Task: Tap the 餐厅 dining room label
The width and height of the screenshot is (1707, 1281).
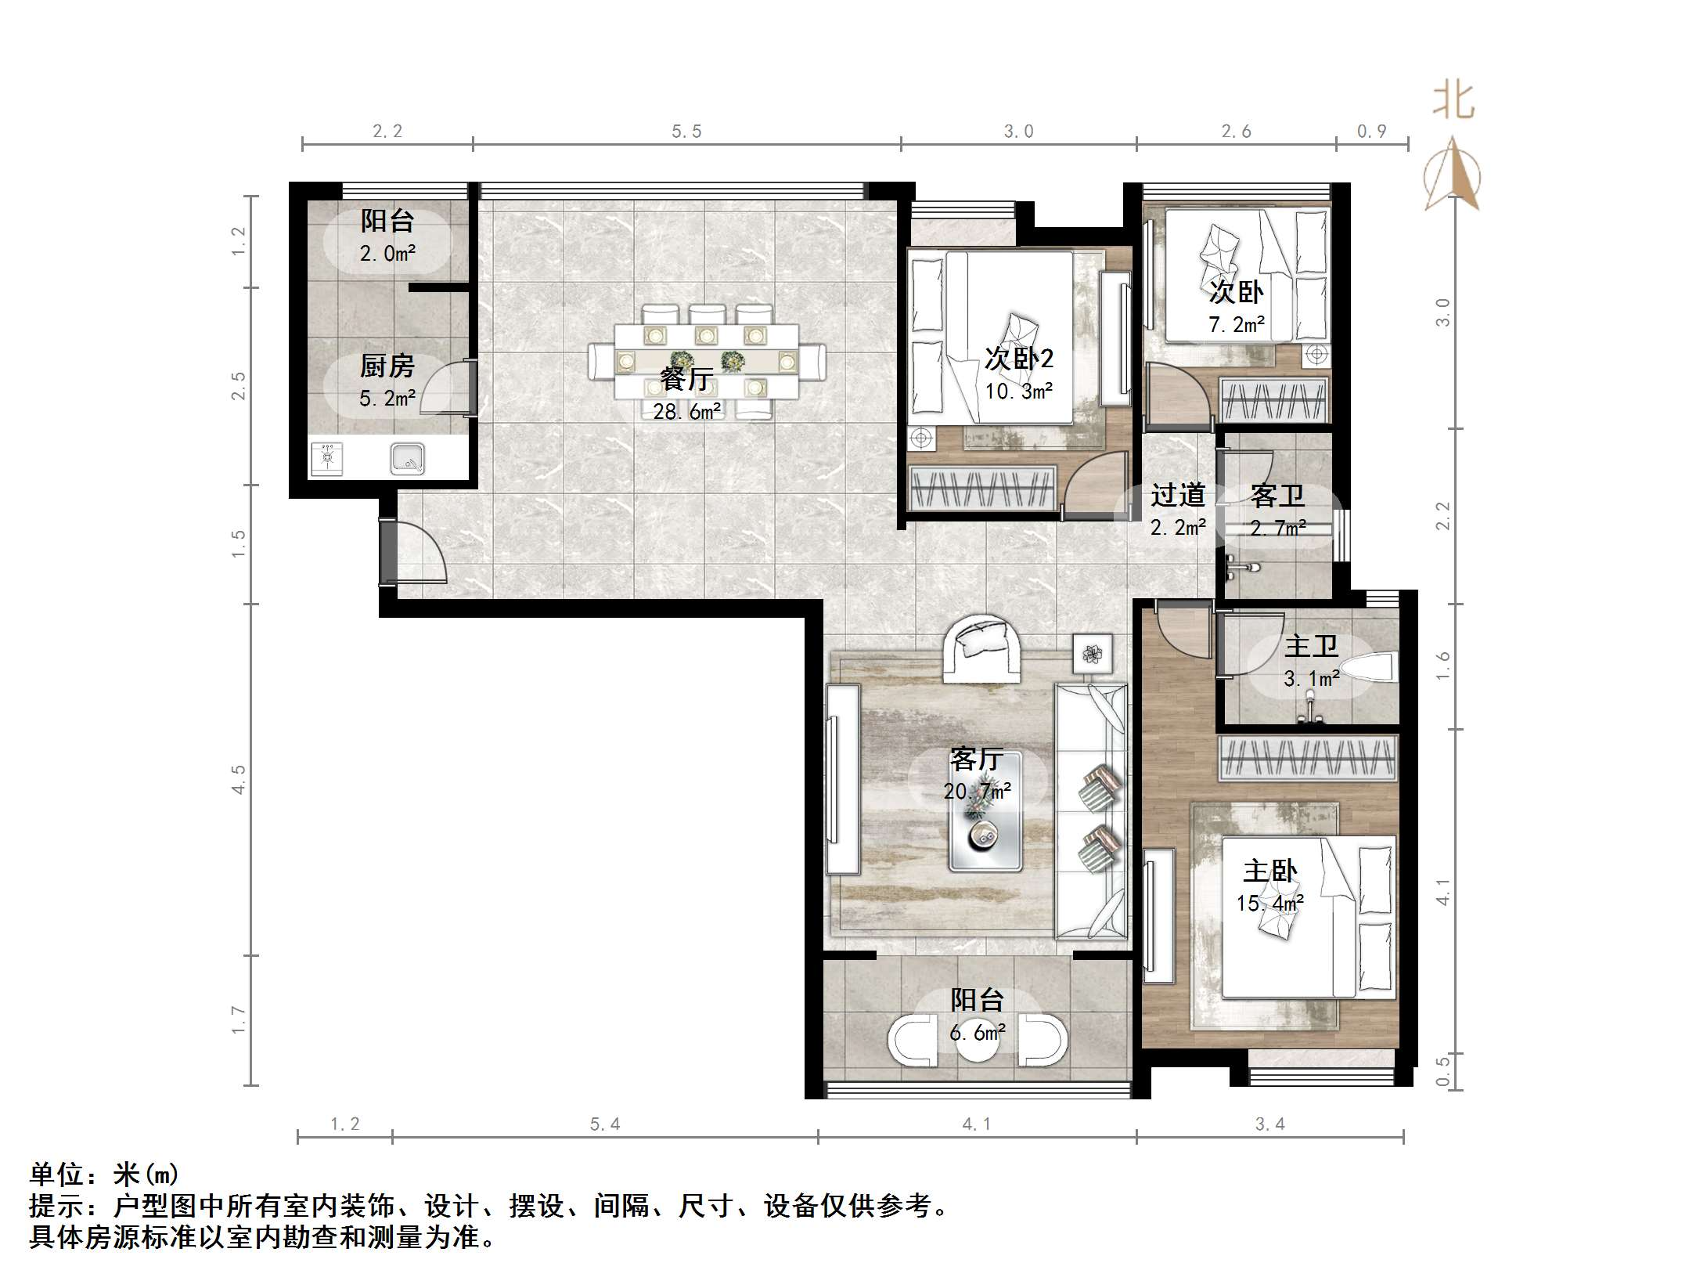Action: [686, 379]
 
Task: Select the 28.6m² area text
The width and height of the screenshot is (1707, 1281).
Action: [687, 410]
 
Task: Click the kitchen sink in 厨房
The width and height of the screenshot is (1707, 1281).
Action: [407, 459]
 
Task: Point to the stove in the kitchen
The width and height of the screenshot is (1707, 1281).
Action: [327, 459]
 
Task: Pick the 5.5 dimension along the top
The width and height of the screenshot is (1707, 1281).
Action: [686, 132]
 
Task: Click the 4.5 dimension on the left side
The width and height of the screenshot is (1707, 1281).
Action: [238, 779]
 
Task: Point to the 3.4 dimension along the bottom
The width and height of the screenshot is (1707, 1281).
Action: [1269, 1124]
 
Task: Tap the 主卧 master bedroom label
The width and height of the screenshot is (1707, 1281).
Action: [1270, 871]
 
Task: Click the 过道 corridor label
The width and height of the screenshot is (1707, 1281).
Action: [1178, 495]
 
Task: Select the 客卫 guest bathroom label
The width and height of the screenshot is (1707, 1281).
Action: [1277, 495]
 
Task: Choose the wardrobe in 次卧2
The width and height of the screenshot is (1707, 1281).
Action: [982, 488]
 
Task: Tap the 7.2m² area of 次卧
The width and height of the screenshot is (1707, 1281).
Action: [1237, 324]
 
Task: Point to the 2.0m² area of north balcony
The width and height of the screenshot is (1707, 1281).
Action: [387, 253]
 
